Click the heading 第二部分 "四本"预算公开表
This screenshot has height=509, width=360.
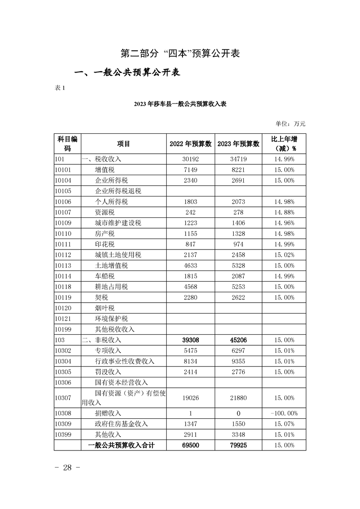180,53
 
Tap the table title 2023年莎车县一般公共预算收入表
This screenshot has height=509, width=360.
180,104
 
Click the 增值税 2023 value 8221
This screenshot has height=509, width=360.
238,170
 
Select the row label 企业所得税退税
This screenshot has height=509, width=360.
118,191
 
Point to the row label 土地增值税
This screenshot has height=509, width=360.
112,265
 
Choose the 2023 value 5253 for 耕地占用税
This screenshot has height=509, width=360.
238,287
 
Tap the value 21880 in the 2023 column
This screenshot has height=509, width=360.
238,398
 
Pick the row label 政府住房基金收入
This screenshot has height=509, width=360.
122,424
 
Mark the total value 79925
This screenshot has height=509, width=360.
238,445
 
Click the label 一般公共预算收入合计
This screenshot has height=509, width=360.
121,445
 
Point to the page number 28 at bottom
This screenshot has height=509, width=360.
68,468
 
